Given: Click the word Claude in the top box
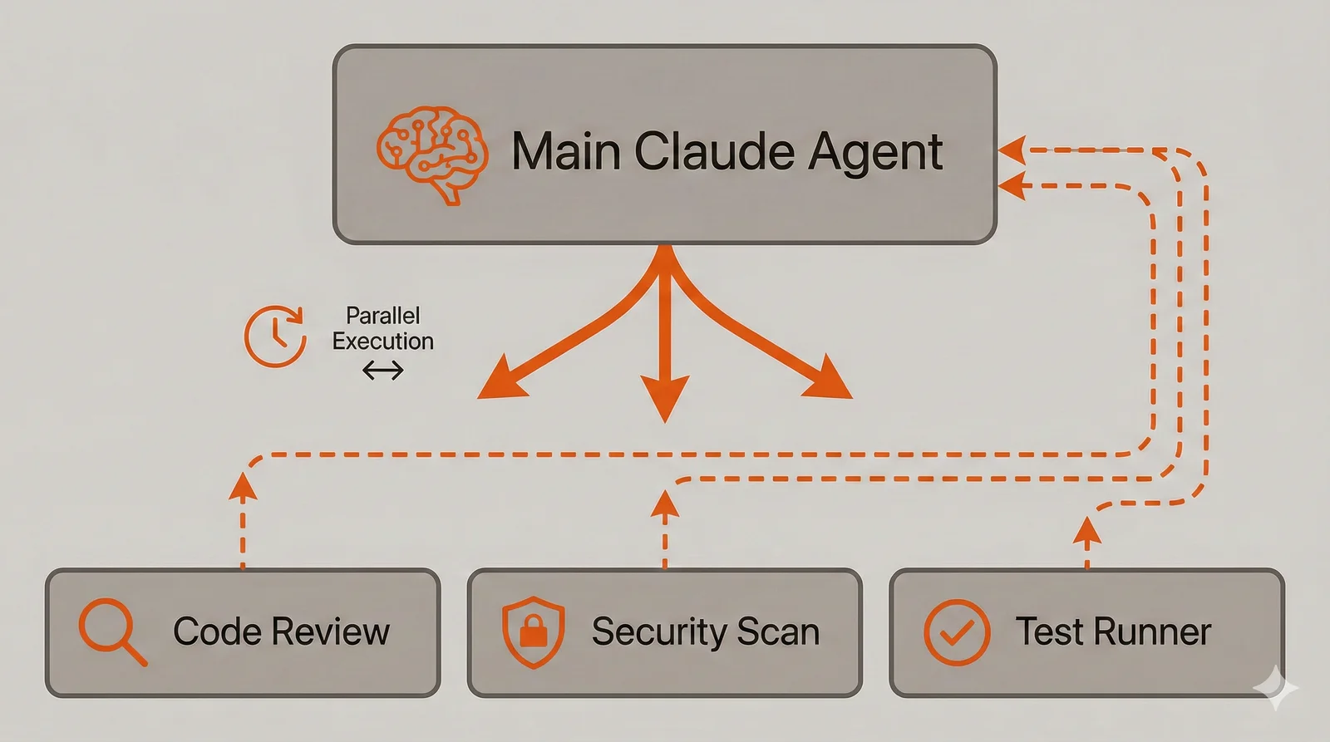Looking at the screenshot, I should click(x=713, y=152).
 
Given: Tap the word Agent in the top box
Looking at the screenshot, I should click(x=875, y=154).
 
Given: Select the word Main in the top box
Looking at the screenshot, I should click(x=566, y=152).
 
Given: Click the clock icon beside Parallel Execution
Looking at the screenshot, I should click(x=275, y=337).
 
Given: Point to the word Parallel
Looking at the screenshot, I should click(x=382, y=316).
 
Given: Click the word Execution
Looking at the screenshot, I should click(x=382, y=342).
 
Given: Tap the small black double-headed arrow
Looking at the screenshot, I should click(x=382, y=371).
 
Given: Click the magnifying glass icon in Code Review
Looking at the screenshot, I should click(x=111, y=631).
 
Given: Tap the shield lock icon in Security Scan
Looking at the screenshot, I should click(x=534, y=631).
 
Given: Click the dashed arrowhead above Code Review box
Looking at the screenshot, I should click(x=243, y=487).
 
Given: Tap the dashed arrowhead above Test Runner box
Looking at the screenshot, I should click(x=1086, y=530).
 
